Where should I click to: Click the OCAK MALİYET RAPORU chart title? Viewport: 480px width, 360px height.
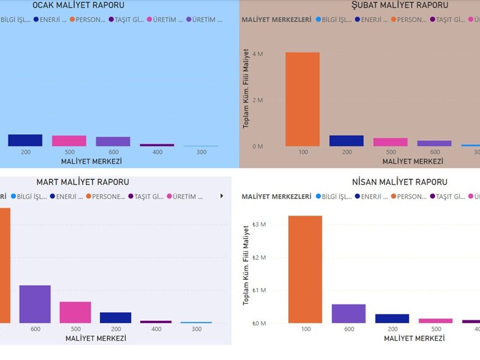pyautogui.click(x=78, y=5)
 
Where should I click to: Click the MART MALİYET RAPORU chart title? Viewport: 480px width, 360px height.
pyautogui.click(x=82, y=182)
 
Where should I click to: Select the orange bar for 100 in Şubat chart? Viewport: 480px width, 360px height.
pyautogui.click(x=303, y=99)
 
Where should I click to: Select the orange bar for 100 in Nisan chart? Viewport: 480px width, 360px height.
pyautogui.click(x=305, y=269)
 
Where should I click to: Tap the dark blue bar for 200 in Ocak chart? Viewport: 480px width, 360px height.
pyautogui.click(x=25, y=140)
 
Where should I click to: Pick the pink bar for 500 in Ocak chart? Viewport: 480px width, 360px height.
pyautogui.click(x=69, y=141)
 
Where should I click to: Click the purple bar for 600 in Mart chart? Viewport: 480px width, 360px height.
pyautogui.click(x=35, y=304)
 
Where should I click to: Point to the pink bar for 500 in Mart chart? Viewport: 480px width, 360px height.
pyautogui.click(x=75, y=312)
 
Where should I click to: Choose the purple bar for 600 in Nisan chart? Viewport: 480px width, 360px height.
pyautogui.click(x=348, y=313)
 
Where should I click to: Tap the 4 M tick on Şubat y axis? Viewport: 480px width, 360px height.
pyautogui.click(x=257, y=54)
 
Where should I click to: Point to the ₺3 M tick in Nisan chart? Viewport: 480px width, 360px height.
pyautogui.click(x=259, y=225)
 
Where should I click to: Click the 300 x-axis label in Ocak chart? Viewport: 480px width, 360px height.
pyautogui.click(x=201, y=152)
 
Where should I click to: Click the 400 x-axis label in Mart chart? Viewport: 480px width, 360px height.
pyautogui.click(x=156, y=329)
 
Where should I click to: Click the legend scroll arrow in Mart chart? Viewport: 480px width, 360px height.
pyautogui.click(x=222, y=196)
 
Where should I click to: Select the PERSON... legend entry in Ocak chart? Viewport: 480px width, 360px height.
pyautogui.click(x=88, y=19)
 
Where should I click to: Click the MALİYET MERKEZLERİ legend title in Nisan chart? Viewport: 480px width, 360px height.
pyautogui.click(x=277, y=197)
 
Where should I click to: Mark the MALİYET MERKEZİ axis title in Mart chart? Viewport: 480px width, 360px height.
pyautogui.click(x=95, y=338)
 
